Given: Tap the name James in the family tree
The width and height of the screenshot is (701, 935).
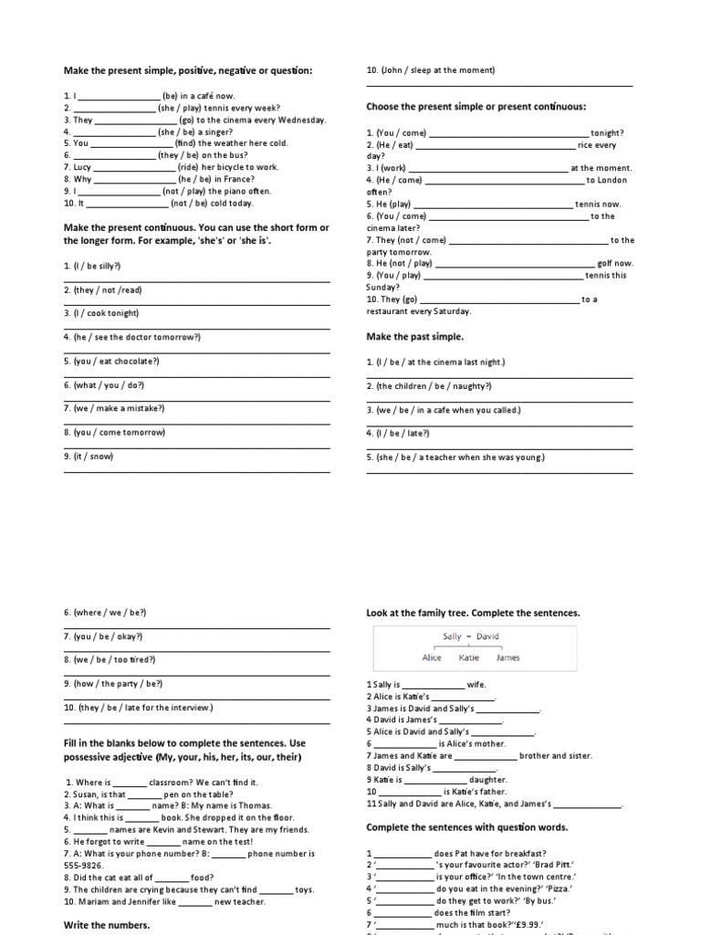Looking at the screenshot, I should (508, 657).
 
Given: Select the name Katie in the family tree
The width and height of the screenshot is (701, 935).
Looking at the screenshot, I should (469, 657).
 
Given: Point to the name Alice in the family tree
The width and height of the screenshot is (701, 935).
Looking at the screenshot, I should (432, 657).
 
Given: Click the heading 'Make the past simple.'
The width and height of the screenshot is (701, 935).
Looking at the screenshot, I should (414, 337).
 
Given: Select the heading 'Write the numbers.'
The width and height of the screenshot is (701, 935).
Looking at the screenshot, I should (106, 925).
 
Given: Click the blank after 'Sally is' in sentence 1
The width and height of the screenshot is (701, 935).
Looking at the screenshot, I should (433, 684).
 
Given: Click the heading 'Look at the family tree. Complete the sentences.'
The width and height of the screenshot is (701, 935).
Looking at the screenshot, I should (473, 613).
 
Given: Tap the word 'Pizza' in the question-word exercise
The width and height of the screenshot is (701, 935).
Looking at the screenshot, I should (556, 888).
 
